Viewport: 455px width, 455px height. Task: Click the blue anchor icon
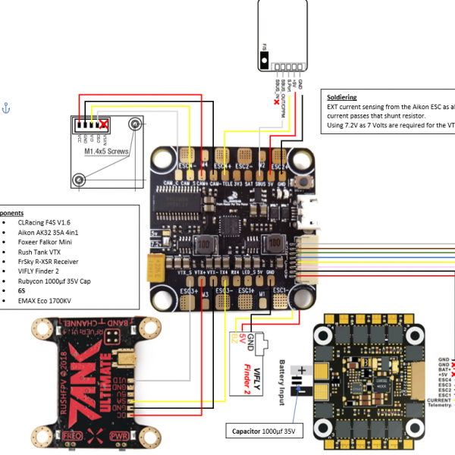(x=7, y=108)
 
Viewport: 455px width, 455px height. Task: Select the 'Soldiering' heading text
(x=342, y=98)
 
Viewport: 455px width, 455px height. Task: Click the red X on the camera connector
(x=102, y=125)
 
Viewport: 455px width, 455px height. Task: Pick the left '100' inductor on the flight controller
(x=204, y=245)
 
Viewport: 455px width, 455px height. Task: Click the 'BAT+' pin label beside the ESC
(x=444, y=369)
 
